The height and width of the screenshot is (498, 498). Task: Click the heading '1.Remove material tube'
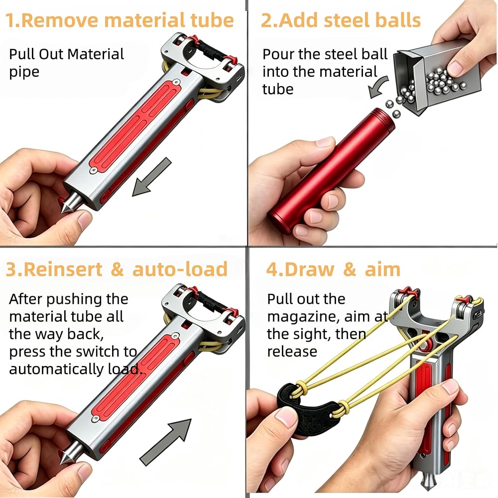[120, 20]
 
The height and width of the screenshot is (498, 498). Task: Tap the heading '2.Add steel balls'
[341, 20]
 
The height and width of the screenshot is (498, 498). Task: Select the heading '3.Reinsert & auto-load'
[117, 269]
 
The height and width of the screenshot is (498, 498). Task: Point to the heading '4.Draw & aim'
[333, 269]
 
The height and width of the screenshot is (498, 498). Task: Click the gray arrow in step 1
[152, 177]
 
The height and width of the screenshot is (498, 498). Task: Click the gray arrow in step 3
[165, 442]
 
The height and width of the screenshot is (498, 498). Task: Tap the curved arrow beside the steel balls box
[378, 87]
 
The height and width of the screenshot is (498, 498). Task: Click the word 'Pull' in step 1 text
[22, 54]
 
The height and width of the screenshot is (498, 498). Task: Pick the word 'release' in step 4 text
[292, 352]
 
